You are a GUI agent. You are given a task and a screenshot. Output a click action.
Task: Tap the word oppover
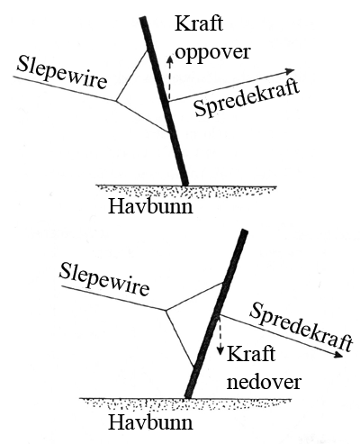[212, 52]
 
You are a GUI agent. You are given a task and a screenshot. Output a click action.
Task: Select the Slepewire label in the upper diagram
[62, 73]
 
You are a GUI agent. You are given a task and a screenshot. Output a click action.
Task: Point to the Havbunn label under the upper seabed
[150, 206]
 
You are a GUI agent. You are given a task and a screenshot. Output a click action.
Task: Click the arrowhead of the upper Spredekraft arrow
[290, 71]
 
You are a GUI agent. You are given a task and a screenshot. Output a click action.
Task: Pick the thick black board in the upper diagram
[164, 101]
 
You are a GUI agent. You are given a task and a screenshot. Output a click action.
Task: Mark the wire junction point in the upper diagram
[116, 101]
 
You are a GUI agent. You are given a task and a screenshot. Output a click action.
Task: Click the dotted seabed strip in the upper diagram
[186, 192]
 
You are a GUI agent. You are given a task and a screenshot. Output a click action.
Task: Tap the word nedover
[264, 382]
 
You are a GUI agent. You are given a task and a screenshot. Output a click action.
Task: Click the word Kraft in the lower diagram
[251, 354]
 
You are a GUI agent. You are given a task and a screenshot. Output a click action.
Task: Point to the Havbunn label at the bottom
[150, 422]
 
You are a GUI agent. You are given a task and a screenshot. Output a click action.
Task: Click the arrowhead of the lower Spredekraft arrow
[337, 355]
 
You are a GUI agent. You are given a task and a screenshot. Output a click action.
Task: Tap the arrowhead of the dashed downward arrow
[220, 350]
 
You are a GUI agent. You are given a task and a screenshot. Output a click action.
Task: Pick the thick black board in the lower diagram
[216, 314]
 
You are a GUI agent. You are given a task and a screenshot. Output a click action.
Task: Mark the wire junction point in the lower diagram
[166, 310]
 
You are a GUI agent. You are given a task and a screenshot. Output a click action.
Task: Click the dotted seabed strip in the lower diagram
[185, 403]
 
